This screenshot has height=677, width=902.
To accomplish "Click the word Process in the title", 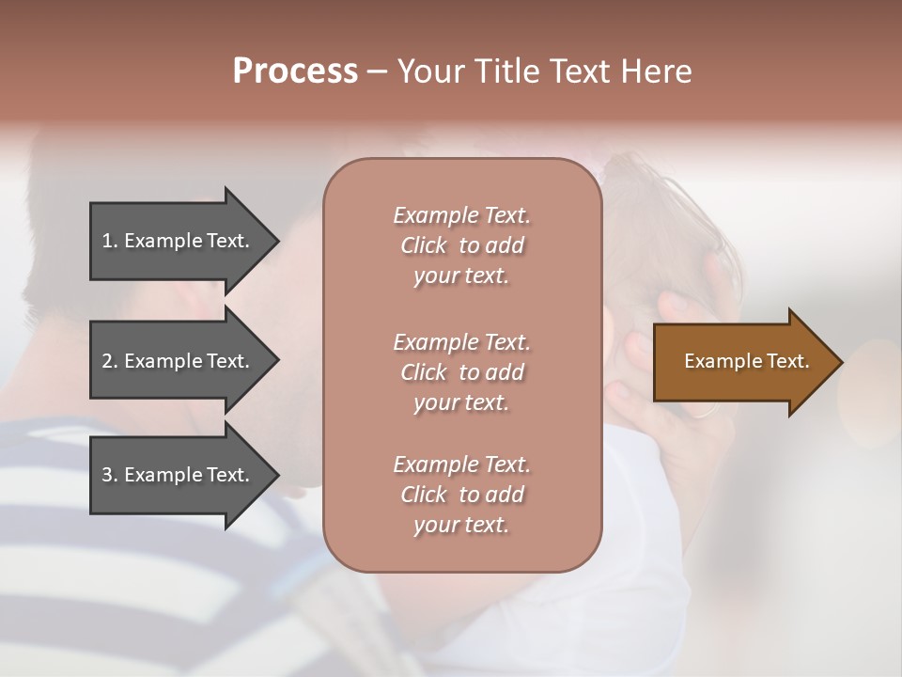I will click(295, 71).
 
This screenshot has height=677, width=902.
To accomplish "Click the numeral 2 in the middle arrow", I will click(107, 361).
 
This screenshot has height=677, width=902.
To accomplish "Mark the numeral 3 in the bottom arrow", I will click(107, 475).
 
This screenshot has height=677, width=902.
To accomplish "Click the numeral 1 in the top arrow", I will click(107, 241).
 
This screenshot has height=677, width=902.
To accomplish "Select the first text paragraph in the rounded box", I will click(461, 245).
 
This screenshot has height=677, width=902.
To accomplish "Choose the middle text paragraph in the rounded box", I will click(461, 372).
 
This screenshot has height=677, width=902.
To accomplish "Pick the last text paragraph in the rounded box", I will click(461, 495).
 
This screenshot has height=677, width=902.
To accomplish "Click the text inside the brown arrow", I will click(746, 361).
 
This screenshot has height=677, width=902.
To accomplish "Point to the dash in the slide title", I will click(378, 72).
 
